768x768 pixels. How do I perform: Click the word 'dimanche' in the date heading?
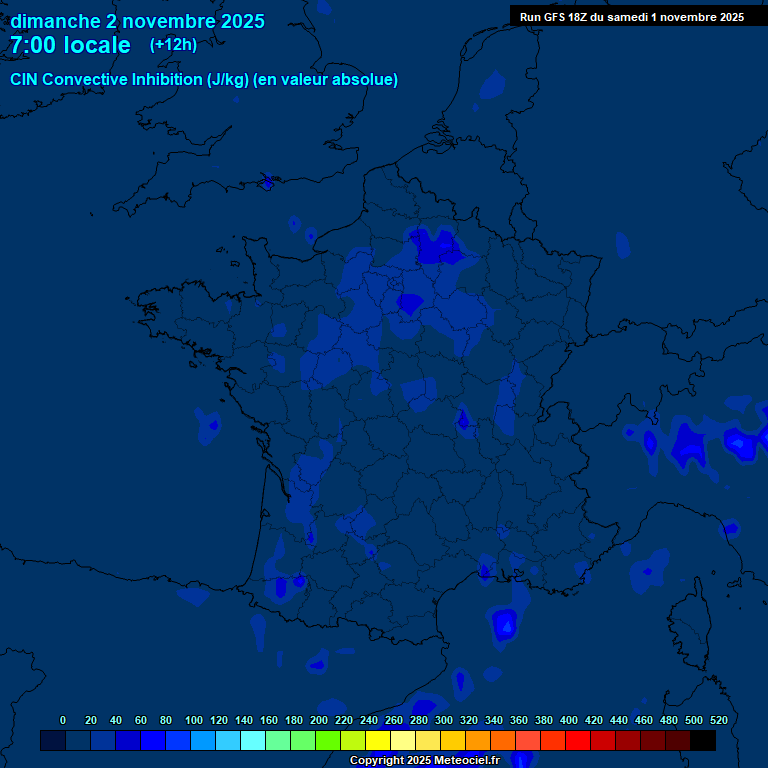[x=55, y=21]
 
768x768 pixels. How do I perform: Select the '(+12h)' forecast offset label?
[x=173, y=44]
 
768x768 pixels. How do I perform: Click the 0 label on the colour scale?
[x=63, y=720]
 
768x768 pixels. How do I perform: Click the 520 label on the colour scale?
[x=718, y=720]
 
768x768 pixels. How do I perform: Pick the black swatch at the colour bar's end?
[x=703, y=740]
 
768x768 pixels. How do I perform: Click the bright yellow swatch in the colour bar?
[x=378, y=740]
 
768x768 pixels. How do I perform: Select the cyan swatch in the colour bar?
[x=253, y=740]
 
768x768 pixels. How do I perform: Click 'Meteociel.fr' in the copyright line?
[x=466, y=761]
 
